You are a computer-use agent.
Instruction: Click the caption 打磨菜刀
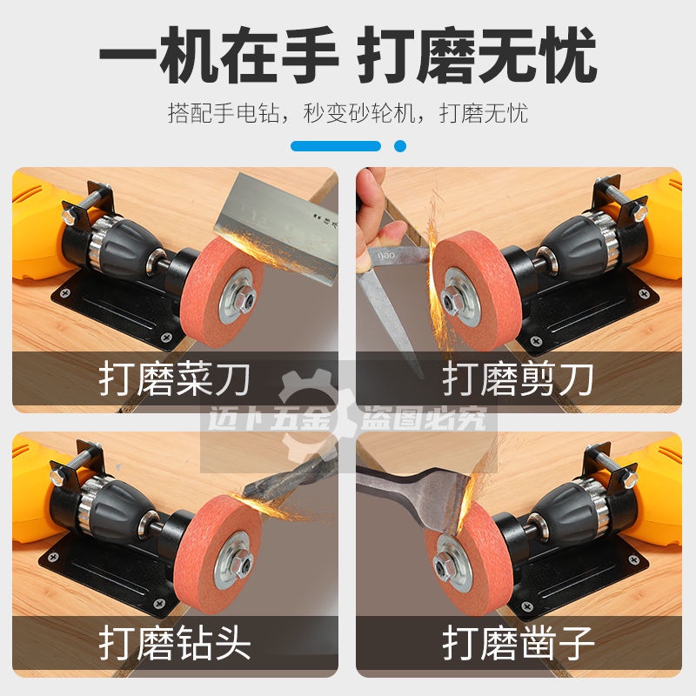point(175,378)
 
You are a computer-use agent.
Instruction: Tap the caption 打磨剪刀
point(518,378)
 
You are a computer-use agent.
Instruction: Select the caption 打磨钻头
point(175,643)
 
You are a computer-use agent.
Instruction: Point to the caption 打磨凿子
point(518,643)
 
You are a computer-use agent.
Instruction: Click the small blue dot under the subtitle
point(400,146)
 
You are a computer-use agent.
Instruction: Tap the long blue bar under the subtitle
point(336,146)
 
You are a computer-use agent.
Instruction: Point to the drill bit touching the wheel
point(289,476)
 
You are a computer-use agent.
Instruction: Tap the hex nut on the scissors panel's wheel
point(452,299)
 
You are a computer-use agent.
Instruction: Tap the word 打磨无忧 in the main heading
point(477,54)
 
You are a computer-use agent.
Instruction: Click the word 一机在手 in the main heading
point(218,54)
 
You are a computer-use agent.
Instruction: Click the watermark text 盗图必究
point(423,418)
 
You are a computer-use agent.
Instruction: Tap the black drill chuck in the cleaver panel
point(117,240)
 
